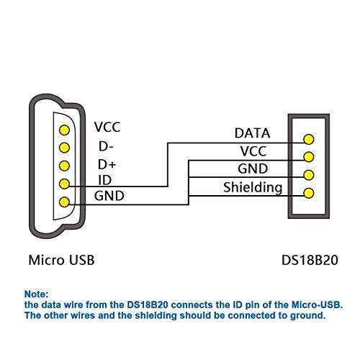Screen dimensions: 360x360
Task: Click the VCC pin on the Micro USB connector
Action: pos(64,130)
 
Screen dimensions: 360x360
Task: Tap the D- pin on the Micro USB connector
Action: pos(64,148)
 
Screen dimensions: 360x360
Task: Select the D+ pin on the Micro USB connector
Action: pos(64,166)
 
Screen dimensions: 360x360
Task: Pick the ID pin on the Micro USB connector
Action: pos(64,184)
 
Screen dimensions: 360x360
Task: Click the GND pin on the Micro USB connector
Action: pos(64,202)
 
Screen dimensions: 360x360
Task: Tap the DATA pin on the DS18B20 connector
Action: pos(309,139)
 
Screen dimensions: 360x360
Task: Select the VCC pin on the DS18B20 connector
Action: pos(309,157)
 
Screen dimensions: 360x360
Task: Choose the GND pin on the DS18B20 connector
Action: pos(309,175)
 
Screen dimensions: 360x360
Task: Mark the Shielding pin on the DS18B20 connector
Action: pos(309,193)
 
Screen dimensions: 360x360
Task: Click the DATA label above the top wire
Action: pos(252,133)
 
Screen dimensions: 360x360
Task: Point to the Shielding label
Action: pos(253,188)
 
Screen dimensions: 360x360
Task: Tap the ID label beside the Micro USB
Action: pos(105,180)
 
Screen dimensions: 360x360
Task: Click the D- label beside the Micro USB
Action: pos(106,146)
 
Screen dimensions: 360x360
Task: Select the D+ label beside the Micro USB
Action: pos(107,165)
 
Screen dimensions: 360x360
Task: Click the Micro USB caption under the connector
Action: pos(61,260)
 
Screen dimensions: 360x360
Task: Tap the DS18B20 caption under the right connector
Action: pos(310,260)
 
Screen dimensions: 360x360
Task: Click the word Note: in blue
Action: pos(36,294)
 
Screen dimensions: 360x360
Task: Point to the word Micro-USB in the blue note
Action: pos(317,305)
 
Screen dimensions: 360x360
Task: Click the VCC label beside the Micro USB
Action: pos(107,127)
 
